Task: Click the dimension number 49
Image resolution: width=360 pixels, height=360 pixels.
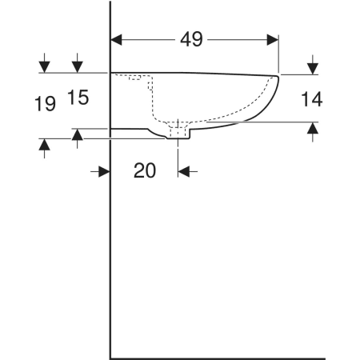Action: point(191,39)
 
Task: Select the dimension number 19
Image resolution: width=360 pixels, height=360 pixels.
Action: point(45,104)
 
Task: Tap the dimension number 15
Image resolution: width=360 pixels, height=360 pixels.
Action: point(78,98)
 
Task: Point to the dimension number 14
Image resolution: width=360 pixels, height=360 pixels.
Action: point(312,99)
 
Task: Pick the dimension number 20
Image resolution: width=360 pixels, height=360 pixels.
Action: point(145,170)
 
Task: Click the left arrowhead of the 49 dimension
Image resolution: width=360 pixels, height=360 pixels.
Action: point(116,40)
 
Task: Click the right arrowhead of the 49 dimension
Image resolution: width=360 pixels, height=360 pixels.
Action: point(273,40)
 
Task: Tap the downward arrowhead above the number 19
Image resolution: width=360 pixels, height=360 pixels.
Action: point(44,67)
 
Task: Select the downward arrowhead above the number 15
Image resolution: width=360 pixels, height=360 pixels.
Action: point(78,67)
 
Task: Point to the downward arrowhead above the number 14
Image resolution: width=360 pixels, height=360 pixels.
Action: point(313,69)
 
